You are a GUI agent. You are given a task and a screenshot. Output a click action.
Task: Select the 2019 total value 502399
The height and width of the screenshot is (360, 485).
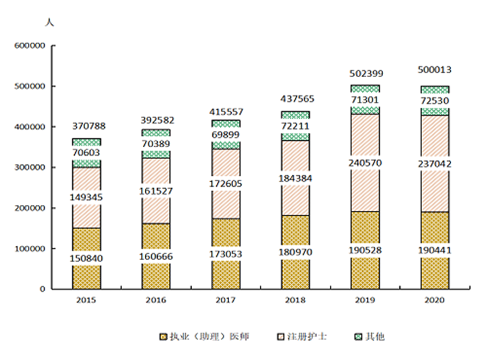tap(365, 74)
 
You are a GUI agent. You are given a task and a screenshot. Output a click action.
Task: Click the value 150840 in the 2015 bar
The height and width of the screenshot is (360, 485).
tap(86, 259)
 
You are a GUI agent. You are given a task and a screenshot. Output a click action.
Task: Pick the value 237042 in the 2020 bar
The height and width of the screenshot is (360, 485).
tap(434, 165)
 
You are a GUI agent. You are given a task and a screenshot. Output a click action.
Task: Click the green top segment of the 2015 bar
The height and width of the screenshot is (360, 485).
tap(86, 141)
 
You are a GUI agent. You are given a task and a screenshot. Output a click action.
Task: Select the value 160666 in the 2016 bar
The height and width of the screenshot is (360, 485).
tap(156, 256)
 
